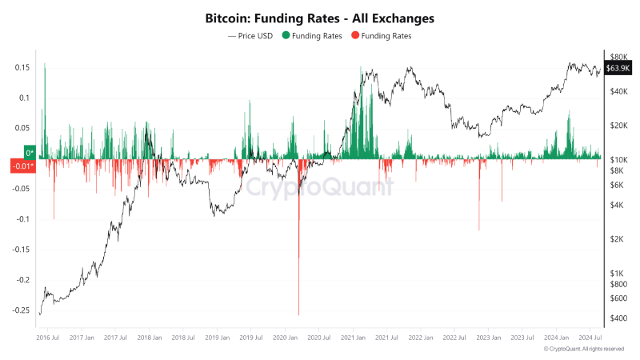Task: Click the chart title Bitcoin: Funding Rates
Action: (320, 17)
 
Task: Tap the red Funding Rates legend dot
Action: (355, 36)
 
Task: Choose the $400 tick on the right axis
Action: (618, 318)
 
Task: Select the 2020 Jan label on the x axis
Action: (286, 338)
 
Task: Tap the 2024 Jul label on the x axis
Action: (590, 338)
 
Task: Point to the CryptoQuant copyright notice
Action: (583, 350)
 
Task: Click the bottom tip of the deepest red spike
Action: (298, 314)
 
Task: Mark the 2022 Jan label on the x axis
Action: (421, 338)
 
